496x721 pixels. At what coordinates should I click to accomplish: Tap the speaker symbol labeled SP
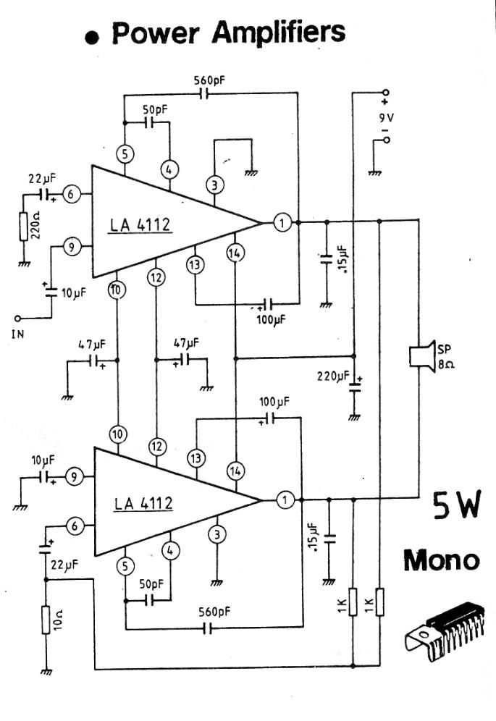pos(419,355)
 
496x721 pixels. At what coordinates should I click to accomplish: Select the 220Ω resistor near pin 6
pos(23,228)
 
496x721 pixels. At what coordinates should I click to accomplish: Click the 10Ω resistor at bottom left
pos(45,621)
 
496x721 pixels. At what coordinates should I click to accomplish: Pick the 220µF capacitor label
pos(333,376)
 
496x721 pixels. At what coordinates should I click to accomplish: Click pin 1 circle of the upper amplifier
pos(283,223)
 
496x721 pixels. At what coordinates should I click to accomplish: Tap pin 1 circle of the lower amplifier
pos(286,499)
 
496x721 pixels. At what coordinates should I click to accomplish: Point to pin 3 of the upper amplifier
pos(214,185)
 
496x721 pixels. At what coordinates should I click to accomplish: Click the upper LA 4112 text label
pos(140,225)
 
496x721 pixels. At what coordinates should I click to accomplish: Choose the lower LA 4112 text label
pos(143,502)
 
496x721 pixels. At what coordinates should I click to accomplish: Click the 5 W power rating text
pos(455,506)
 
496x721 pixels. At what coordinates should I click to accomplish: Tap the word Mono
pos(440,560)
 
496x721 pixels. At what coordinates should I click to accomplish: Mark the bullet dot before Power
pos(92,38)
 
